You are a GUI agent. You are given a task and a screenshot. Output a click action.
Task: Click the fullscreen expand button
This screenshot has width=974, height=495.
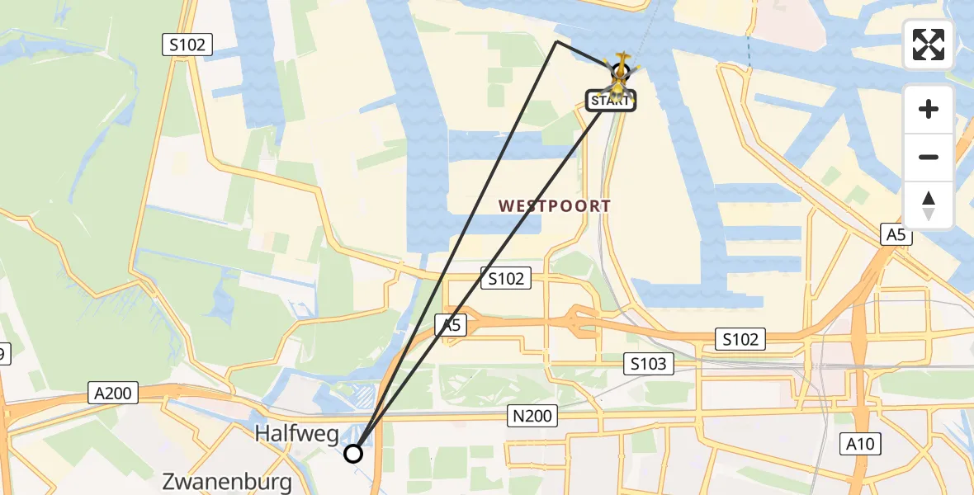coord(929,45)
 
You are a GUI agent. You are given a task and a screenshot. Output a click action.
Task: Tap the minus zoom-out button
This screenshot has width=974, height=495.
coord(929,157)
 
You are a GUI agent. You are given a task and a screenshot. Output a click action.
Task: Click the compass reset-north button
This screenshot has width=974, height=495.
coord(929,205)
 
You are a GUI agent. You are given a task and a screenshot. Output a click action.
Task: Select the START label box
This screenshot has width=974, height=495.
coord(611,101)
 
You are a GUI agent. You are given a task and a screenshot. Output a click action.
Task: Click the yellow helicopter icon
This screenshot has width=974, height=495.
coord(619,73)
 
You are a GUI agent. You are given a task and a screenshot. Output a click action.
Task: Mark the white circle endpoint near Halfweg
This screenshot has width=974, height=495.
coord(353,453)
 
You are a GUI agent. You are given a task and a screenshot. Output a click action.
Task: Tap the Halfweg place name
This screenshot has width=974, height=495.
coord(297,432)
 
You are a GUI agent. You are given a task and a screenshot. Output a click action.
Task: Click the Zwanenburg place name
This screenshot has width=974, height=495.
coord(228,481)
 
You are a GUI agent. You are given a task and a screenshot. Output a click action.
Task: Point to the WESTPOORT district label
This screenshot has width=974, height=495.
coord(555,206)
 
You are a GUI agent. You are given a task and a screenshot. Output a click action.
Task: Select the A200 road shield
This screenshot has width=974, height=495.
coord(113,393)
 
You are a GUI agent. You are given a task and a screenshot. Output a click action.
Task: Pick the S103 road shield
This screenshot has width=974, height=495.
coord(648,363)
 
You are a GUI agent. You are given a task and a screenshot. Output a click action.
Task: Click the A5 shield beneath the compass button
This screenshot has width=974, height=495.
coord(896,235)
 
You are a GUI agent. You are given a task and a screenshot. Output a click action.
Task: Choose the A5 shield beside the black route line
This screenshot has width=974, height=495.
coord(450,325)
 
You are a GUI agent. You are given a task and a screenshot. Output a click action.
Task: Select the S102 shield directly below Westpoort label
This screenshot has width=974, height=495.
coord(505,279)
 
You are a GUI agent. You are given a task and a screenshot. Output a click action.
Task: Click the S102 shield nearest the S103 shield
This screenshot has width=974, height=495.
coord(740,338)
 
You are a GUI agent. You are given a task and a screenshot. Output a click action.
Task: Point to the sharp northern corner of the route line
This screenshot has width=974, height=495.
coord(557,40)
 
